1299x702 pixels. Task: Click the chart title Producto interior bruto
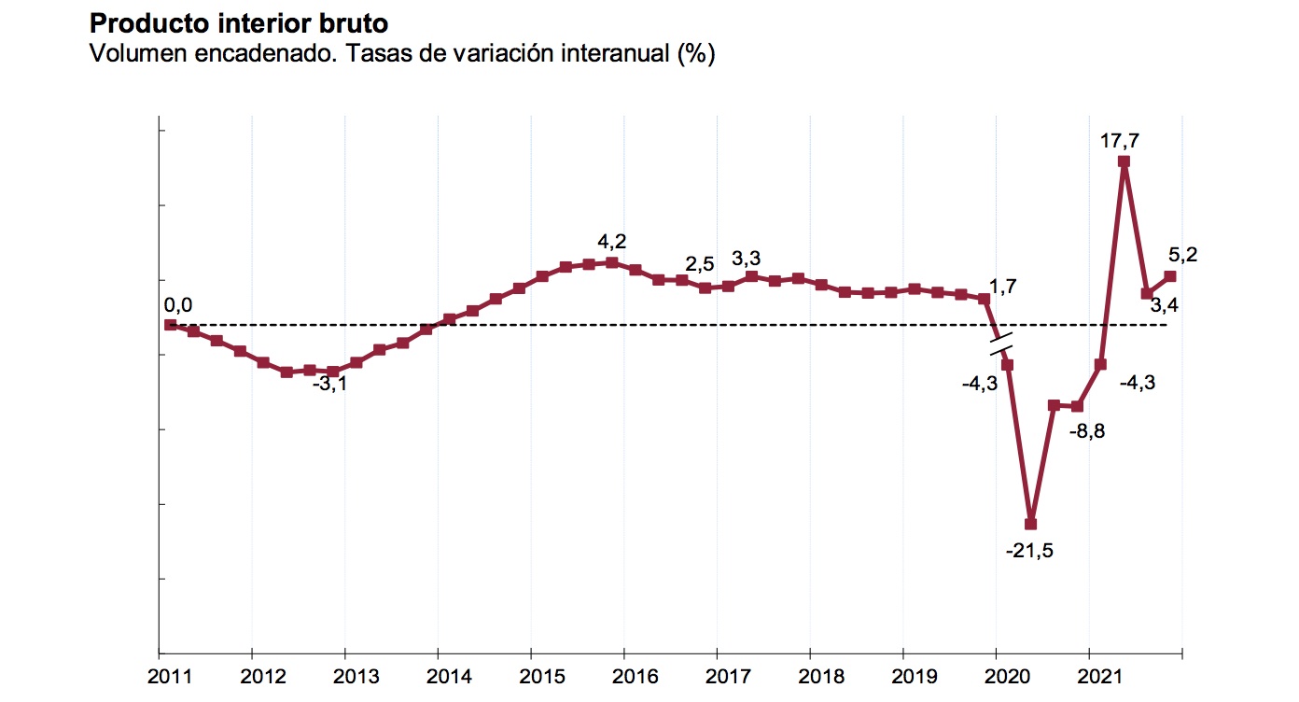(237, 21)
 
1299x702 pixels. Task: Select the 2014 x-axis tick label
(439, 675)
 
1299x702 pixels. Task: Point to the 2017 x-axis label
(717, 675)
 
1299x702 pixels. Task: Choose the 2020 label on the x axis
(996, 675)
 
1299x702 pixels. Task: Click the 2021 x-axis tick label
(1089, 675)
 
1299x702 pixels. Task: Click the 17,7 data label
(1120, 141)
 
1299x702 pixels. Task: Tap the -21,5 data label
(1029, 551)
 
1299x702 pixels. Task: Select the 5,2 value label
(1182, 253)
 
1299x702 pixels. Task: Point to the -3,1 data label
(328, 384)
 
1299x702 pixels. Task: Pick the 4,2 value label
(611, 242)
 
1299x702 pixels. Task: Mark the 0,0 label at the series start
(178, 304)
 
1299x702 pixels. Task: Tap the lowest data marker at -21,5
(1031, 524)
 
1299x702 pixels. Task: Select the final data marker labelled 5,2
(1170, 276)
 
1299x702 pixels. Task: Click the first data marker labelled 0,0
(170, 325)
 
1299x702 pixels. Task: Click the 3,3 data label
(746, 257)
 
